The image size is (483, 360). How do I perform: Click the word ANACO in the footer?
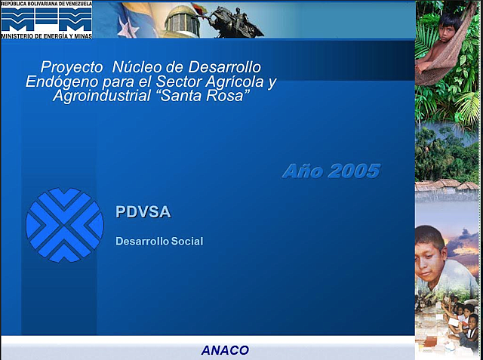click(x=225, y=350)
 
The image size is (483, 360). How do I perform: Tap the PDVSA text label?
click(x=143, y=212)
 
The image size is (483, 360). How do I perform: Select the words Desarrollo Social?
click(x=159, y=241)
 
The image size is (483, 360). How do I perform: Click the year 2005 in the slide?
click(x=354, y=171)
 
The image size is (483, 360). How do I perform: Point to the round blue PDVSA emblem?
click(x=65, y=225)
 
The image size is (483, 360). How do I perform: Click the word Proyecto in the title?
click(x=72, y=67)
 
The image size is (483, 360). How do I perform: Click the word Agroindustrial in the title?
click(x=102, y=96)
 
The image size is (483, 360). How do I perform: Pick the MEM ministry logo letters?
click(x=47, y=20)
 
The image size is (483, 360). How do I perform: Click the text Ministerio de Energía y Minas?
click(x=47, y=35)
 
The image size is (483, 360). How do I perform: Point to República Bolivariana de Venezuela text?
click(x=46, y=4)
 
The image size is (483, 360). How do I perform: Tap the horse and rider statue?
click(x=235, y=22)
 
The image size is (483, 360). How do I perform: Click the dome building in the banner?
click(x=182, y=22)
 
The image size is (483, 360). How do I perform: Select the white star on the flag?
click(x=128, y=28)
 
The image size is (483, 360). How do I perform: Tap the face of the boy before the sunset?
click(x=428, y=258)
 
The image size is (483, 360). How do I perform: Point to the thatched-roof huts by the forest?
click(x=447, y=186)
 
